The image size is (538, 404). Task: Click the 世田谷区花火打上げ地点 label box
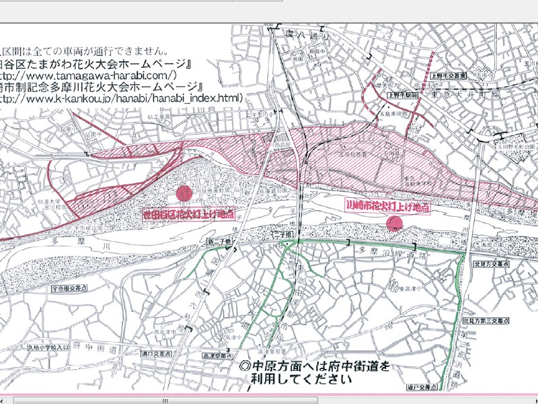[190, 215]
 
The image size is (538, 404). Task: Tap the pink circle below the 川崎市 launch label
[396, 224]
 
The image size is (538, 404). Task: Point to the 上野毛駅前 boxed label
[403, 96]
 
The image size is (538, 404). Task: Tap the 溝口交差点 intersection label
[146, 352]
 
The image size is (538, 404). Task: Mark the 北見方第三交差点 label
[490, 321]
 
